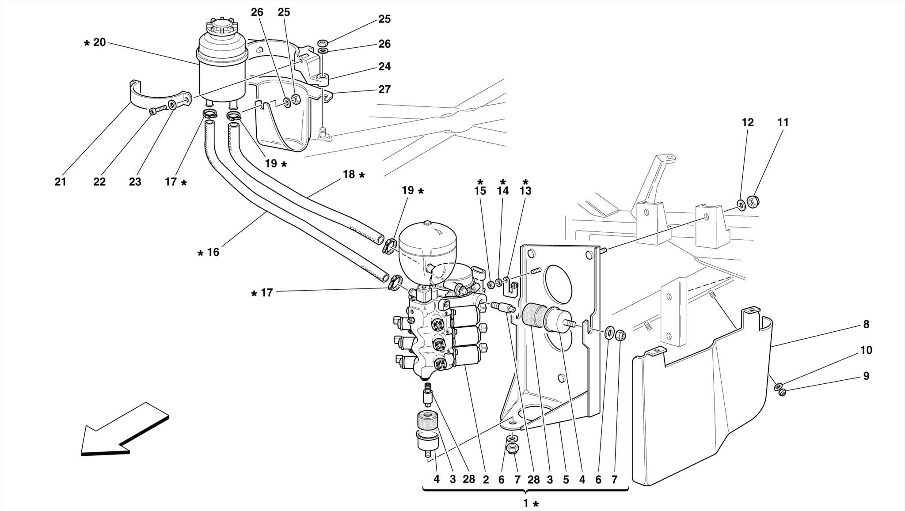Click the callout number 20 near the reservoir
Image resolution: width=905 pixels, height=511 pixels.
[99, 42]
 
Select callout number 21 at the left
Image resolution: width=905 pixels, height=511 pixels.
[61, 182]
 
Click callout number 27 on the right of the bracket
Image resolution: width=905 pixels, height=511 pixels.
[384, 89]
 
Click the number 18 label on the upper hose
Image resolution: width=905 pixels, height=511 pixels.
[349, 174]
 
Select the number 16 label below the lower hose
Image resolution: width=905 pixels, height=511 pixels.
[213, 252]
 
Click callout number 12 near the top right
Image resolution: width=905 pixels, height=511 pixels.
[747, 122]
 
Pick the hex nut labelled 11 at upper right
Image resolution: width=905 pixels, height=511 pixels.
[753, 202]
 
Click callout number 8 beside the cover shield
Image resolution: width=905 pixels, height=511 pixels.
[866, 325]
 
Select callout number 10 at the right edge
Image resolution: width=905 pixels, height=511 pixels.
[866, 350]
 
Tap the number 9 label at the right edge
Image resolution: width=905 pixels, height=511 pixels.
[866, 376]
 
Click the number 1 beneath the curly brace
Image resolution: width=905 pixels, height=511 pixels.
[526, 503]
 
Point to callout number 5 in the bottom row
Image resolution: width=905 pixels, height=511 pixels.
[566, 480]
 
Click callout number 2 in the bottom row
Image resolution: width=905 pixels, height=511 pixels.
[486, 480]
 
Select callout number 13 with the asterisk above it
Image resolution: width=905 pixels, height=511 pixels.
[525, 191]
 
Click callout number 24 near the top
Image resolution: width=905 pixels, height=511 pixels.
[384, 66]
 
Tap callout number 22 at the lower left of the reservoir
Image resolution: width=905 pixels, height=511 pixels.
[99, 182]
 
